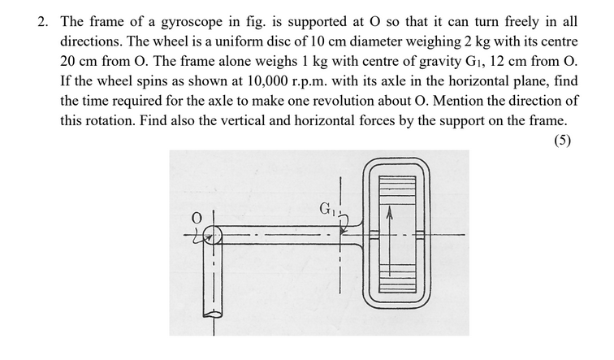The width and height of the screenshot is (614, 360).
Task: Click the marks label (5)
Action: (561, 140)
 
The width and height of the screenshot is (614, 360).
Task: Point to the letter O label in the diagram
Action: (196, 217)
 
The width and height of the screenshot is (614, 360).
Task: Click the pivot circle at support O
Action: (214, 236)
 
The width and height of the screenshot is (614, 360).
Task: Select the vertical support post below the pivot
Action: (214, 284)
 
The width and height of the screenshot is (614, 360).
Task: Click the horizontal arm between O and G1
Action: (276, 235)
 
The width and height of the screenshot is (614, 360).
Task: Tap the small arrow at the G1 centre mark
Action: (344, 230)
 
